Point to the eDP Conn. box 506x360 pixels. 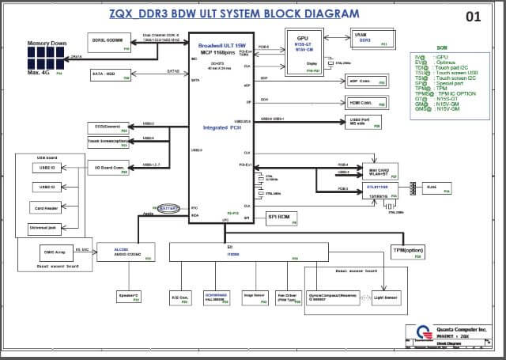click(x=367, y=81)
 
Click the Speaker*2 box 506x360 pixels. click(x=127, y=297)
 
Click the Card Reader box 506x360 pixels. click(x=47, y=207)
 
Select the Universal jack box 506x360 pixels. click(x=47, y=228)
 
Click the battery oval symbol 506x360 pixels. click(x=167, y=208)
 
